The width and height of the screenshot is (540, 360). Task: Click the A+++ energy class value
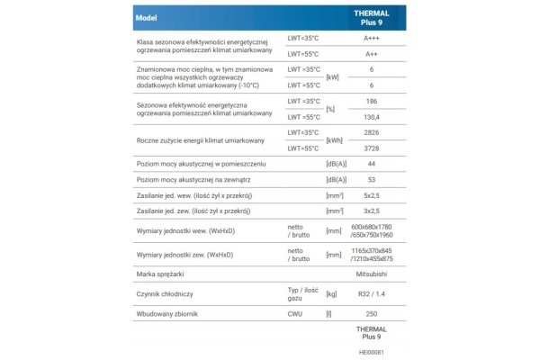point(372,38)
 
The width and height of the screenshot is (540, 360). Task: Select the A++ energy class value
point(372,53)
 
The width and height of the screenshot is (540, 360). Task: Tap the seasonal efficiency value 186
point(372,102)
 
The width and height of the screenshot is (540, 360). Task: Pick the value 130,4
point(372,117)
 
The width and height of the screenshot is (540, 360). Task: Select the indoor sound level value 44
point(372,164)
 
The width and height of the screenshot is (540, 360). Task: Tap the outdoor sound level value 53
point(372,180)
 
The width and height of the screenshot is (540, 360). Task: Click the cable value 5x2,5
point(372,195)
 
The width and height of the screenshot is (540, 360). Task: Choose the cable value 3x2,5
point(372,211)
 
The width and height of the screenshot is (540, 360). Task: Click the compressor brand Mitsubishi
point(372,274)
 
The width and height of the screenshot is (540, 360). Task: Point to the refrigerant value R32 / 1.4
point(372,294)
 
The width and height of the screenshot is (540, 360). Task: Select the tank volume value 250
point(372,314)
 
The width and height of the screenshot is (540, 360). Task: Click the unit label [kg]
point(331,294)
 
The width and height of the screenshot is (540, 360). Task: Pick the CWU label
point(295,314)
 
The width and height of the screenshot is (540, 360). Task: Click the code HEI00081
point(371,352)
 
